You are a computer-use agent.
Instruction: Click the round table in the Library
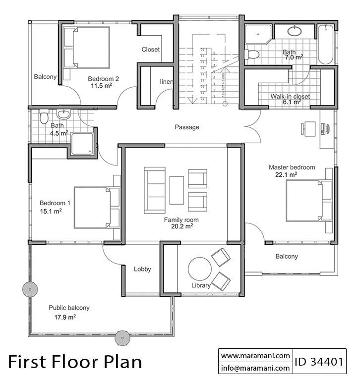click(x=200, y=270)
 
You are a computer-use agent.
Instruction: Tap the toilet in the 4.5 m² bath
click(x=44, y=117)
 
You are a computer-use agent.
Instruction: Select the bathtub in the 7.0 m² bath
click(x=325, y=45)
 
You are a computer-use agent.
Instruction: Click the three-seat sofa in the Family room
click(x=155, y=190)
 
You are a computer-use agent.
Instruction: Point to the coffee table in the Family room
click(x=177, y=190)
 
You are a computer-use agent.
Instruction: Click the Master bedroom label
click(x=292, y=167)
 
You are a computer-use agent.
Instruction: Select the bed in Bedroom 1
click(x=97, y=207)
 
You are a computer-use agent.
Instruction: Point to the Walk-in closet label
click(x=290, y=97)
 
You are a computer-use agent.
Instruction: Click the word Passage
click(x=187, y=127)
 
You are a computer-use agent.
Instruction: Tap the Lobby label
click(x=142, y=270)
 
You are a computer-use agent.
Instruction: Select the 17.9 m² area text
click(x=65, y=317)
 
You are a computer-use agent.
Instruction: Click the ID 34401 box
click(x=319, y=361)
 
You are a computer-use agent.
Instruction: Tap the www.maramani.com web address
click(x=255, y=355)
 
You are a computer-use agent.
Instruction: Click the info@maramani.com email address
click(x=255, y=368)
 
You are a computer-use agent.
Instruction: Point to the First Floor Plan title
click(x=75, y=361)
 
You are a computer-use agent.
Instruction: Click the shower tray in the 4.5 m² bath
click(x=82, y=144)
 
